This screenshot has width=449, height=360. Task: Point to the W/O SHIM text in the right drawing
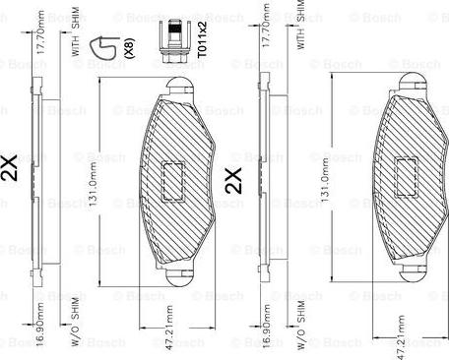click(300, 325)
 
